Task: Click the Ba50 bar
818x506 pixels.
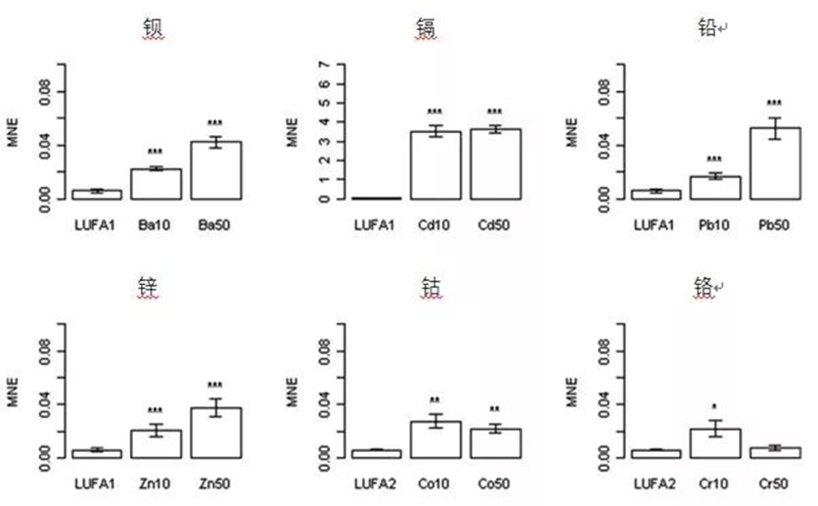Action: point(216,170)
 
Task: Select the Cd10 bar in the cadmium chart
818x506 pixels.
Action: point(435,165)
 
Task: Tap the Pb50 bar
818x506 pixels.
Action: point(775,163)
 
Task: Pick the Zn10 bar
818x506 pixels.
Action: point(156,444)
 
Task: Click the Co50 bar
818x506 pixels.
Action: point(496,444)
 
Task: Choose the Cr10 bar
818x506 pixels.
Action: point(715,444)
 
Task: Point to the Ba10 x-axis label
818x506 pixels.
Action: point(155,225)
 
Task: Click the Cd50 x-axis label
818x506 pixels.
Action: point(494,225)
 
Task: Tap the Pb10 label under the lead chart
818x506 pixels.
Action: point(713,225)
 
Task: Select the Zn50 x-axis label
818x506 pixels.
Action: point(214,484)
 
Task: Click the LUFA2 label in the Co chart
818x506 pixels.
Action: point(375,484)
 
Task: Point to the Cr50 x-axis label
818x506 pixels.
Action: point(774,484)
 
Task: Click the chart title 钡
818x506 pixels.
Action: point(154,28)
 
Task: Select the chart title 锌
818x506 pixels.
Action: point(148,287)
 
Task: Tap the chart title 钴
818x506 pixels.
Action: point(432,287)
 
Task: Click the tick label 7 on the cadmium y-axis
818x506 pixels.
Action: point(325,65)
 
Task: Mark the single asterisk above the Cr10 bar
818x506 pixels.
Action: point(714,407)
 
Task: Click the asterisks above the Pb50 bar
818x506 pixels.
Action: point(774,103)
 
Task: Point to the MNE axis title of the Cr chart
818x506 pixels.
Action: point(571,392)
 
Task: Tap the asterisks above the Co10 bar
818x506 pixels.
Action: point(435,400)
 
